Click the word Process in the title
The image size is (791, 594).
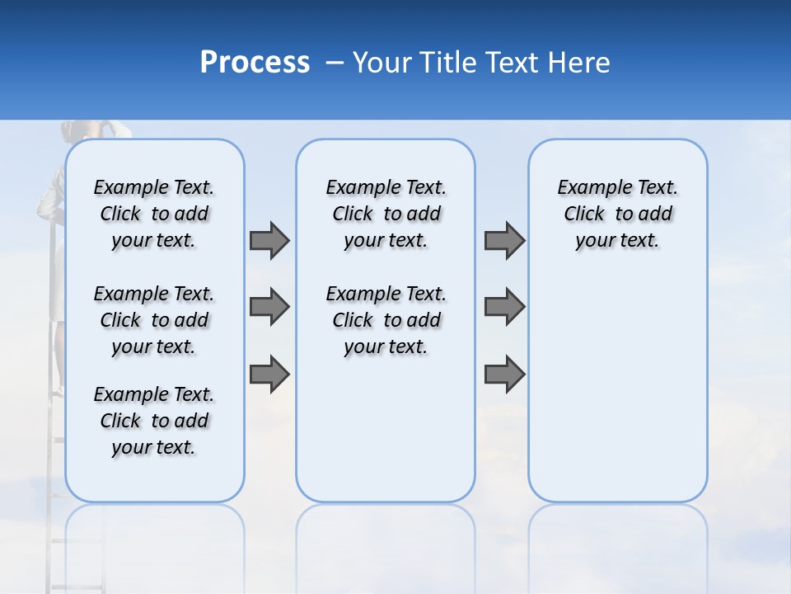(x=255, y=63)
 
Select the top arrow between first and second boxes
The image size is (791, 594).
(x=269, y=240)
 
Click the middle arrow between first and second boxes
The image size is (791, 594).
(x=269, y=307)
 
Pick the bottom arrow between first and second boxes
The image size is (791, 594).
(x=269, y=374)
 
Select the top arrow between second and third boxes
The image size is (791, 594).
(x=504, y=240)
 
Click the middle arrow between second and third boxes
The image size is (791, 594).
(x=504, y=307)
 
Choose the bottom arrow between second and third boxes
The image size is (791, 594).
(x=504, y=374)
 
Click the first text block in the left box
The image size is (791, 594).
(x=154, y=214)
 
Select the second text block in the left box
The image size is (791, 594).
(x=154, y=320)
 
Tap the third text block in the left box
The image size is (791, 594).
(x=154, y=421)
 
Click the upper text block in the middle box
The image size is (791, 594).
(x=386, y=214)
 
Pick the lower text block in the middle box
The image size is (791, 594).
(x=386, y=320)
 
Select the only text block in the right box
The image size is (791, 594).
(x=617, y=214)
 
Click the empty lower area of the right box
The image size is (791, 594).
(x=617, y=388)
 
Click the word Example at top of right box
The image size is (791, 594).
(x=588, y=188)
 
